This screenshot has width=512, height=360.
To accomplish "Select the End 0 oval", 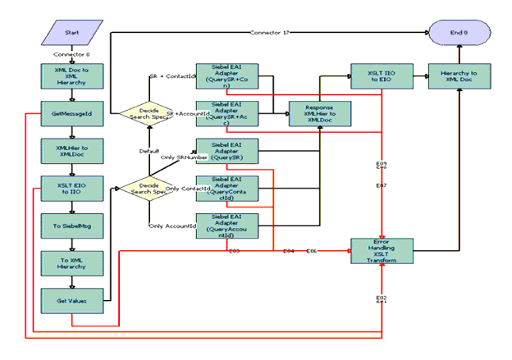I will point(459,33).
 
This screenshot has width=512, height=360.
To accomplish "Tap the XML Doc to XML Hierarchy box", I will point(71,75).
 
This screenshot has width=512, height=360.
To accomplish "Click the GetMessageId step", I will point(71,113).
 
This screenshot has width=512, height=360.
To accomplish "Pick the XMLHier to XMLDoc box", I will point(71,152).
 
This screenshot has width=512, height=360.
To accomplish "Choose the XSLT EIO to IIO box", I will point(71,189).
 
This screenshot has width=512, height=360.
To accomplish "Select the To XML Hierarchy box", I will point(71,264).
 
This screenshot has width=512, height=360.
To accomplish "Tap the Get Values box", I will point(71,301).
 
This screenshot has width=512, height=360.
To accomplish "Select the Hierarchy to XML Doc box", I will point(459,75).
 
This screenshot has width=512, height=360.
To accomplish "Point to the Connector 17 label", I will point(270,33).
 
